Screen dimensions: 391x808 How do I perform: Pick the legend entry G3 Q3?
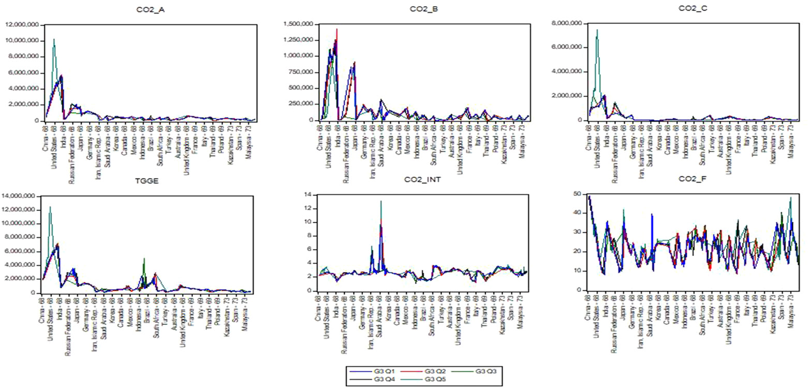(484, 371)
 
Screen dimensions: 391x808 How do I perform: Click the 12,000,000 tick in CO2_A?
(23, 24)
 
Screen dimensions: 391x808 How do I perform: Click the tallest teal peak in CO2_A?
(54, 39)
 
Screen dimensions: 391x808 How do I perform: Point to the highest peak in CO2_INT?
(380, 201)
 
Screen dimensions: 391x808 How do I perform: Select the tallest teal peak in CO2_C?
(597, 30)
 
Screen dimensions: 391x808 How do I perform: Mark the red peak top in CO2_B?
(337, 29)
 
